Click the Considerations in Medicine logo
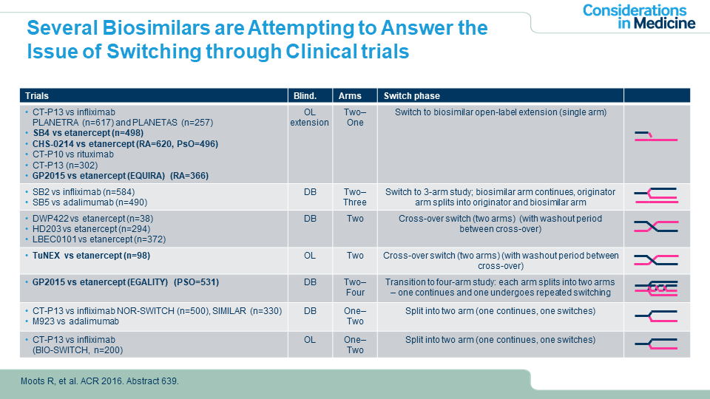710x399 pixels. [638, 17]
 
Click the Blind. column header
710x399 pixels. [305, 96]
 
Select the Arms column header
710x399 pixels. [350, 96]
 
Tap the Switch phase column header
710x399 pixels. [412, 96]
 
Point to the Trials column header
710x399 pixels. [37, 96]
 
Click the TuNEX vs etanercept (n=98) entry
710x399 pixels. [91, 256]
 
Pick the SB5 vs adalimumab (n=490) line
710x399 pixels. [89, 202]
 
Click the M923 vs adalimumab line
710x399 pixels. [75, 321]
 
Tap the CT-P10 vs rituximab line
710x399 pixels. [73, 154]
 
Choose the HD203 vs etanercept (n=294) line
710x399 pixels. [91, 229]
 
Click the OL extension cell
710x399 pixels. [310, 117]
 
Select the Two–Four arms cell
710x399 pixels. [355, 287]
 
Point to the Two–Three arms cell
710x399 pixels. [355, 197]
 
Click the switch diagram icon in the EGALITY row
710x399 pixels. [656, 288]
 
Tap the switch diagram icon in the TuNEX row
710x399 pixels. [656, 260]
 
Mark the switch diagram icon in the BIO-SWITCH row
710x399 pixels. [656, 344]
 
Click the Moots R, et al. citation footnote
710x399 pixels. [100, 381]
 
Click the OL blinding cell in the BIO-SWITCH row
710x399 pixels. [310, 340]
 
